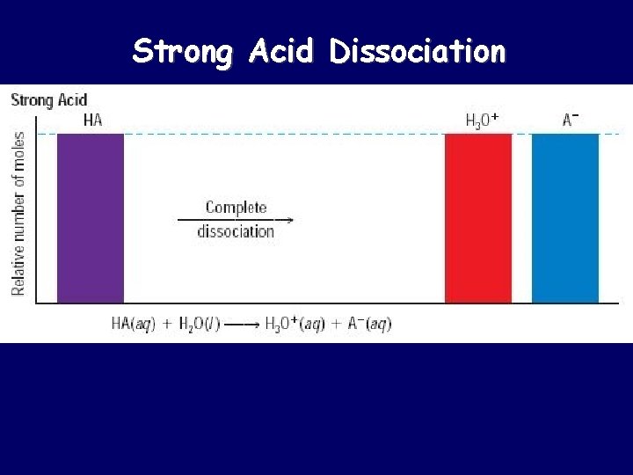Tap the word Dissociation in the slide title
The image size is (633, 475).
[x=418, y=52]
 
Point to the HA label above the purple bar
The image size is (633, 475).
[x=91, y=121]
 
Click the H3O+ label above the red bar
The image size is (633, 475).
[x=482, y=121]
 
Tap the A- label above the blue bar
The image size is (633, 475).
[x=571, y=120]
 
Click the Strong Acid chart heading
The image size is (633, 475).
[x=48, y=99]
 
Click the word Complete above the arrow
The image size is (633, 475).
[x=236, y=208]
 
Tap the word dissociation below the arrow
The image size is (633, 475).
[x=236, y=232]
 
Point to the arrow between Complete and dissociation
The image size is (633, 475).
[x=236, y=220]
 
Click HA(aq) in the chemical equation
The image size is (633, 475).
[x=133, y=324]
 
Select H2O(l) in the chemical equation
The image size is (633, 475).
[x=197, y=324]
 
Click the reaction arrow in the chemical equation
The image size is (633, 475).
[x=241, y=325]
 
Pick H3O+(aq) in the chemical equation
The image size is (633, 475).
[x=296, y=324]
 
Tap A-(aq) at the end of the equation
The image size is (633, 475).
[x=367, y=324]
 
